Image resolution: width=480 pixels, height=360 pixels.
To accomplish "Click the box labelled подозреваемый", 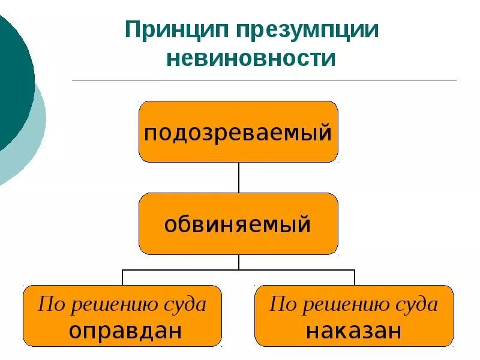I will tap(238, 132).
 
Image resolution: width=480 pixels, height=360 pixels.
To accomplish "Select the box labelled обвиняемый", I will tap(238, 224).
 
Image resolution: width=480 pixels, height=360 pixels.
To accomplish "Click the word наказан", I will tap(353, 331).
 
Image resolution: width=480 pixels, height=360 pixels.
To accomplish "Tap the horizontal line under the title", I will tap(264, 80).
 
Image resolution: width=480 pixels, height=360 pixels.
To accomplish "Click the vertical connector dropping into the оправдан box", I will tap(122, 277).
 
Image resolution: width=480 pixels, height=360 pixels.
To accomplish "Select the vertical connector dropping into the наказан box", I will tap(354, 277).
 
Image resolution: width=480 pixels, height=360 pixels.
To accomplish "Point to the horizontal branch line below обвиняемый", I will tap(180, 270).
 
